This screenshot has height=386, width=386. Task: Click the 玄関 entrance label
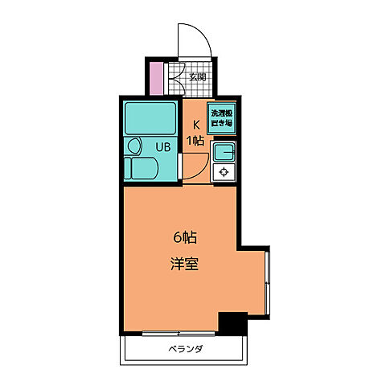[198, 78]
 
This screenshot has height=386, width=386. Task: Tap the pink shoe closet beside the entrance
[157, 77]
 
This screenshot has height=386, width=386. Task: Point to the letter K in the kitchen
[195, 125]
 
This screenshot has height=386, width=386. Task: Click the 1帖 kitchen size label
[195, 140]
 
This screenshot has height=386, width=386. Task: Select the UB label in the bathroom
[162, 147]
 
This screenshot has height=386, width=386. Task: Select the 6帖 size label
[185, 237]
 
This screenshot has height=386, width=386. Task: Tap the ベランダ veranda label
[185, 349]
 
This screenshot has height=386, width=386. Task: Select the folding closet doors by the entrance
[171, 77]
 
